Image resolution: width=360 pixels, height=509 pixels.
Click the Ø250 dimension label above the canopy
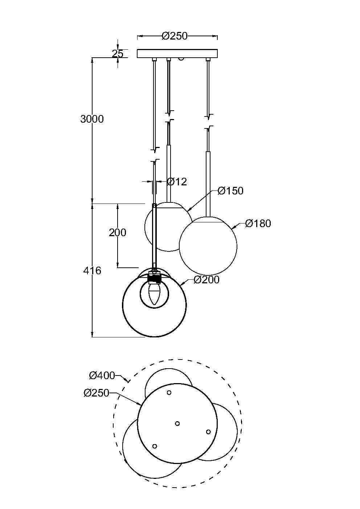click(175, 36)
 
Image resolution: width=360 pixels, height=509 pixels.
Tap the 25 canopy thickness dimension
click(118, 54)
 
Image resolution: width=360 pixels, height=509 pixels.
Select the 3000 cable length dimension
click(92, 119)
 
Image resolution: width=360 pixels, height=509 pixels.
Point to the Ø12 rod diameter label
click(177, 181)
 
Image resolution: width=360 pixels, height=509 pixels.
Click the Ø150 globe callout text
click(230, 191)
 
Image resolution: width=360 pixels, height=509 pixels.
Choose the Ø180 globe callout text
click(258, 223)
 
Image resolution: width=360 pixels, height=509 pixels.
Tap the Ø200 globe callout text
click(206, 280)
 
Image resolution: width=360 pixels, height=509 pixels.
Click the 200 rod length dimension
click(118, 233)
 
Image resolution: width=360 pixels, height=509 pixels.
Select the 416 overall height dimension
click(92, 271)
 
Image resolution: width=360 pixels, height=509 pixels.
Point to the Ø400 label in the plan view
click(102, 375)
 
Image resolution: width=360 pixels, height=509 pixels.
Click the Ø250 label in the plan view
click(96, 393)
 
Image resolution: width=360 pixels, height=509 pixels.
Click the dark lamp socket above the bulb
click(155, 278)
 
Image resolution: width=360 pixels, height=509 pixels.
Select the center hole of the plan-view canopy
click(177, 423)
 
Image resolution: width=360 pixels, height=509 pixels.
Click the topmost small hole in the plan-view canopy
click(169, 393)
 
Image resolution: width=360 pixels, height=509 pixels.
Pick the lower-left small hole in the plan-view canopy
click(155, 446)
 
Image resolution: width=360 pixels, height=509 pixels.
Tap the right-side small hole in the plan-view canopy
click(208, 432)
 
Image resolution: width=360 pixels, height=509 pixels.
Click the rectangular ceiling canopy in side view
click(177, 54)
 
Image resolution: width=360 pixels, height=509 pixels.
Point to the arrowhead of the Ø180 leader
click(232, 227)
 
